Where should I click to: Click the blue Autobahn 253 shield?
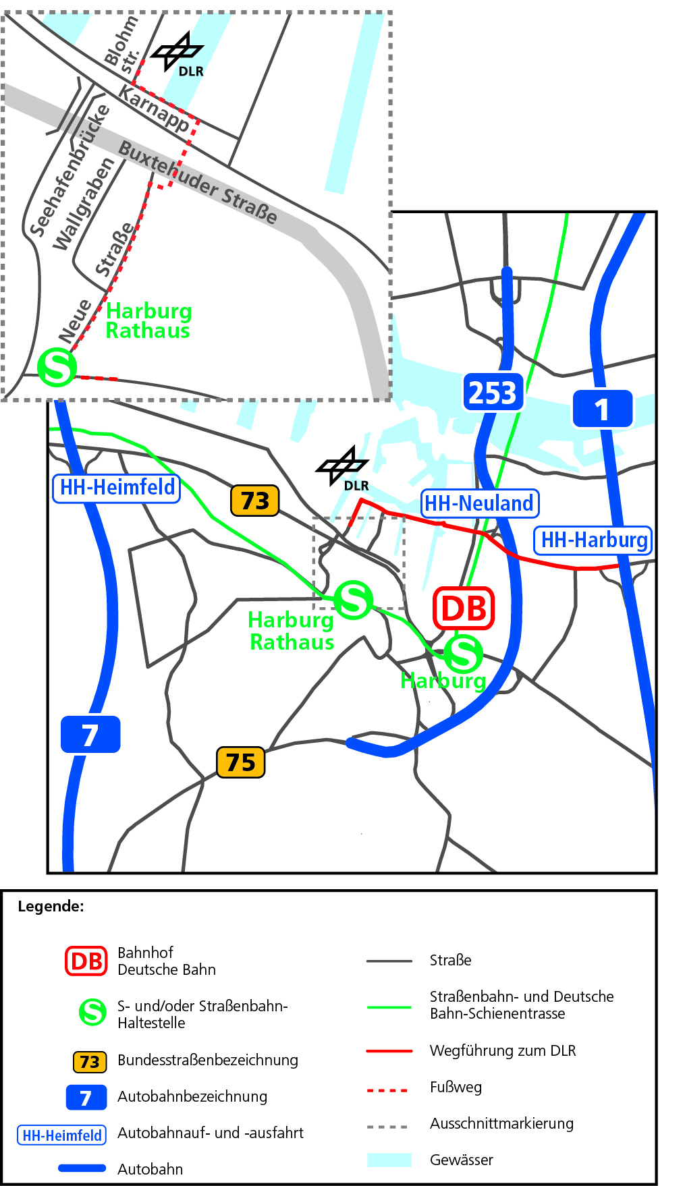[493, 392]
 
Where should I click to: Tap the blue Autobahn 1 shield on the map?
[602, 409]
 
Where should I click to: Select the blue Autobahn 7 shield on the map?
[90, 734]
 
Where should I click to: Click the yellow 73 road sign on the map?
[254, 501]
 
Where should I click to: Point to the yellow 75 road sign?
[240, 762]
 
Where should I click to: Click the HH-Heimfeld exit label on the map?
[117, 487]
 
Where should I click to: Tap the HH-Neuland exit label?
[479, 503]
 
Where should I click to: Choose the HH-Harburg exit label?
[593, 540]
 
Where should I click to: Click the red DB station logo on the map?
[464, 609]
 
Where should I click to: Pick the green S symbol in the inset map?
[57, 367]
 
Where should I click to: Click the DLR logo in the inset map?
[177, 54]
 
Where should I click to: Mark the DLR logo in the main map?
[344, 467]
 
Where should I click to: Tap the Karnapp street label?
[154, 108]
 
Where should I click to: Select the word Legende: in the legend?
[51, 906]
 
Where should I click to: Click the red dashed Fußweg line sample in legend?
[387, 1090]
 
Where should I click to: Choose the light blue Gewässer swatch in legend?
[389, 1160]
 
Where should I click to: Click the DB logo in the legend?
[86, 961]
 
